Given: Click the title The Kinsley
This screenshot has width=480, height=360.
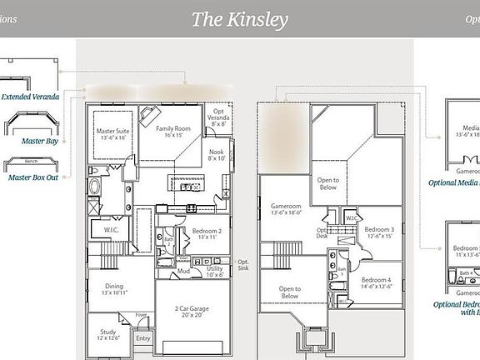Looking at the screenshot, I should (x=239, y=19).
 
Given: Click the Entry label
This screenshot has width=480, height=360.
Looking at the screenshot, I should (x=143, y=338).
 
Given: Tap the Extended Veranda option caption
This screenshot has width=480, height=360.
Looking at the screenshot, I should (x=30, y=97).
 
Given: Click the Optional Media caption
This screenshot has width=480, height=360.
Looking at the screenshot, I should (x=454, y=182).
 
